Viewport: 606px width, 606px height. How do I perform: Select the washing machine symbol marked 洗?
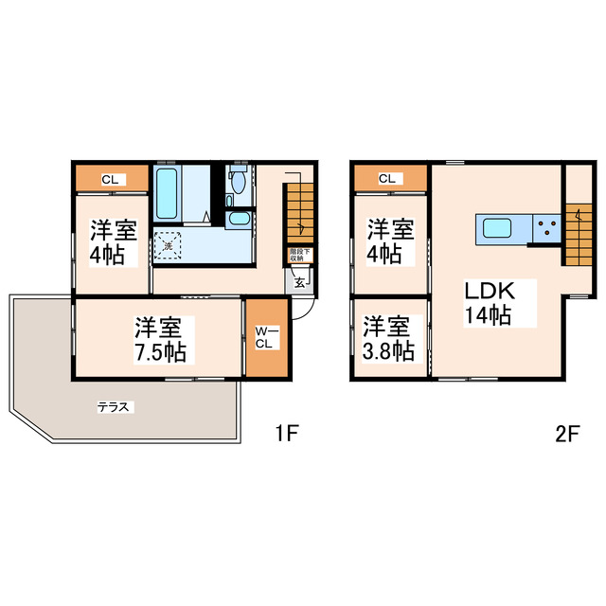[169, 245]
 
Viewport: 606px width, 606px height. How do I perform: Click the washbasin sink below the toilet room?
[238, 220]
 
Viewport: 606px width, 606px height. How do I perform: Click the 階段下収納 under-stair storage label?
[298, 255]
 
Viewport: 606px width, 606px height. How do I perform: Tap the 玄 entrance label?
[297, 280]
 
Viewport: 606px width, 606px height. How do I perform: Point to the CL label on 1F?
[110, 179]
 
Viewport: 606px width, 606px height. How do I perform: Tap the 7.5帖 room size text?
[158, 352]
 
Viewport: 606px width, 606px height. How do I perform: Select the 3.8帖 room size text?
[389, 350]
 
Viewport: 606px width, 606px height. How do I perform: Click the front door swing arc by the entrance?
[302, 312]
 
